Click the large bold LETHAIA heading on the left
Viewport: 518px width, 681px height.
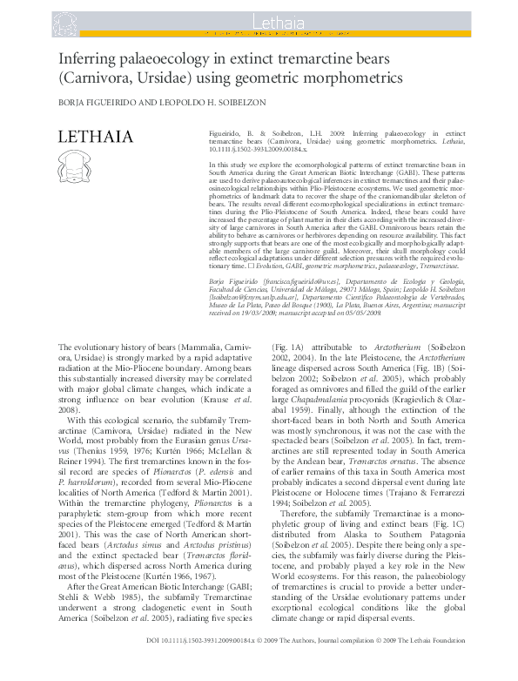(x=95, y=137)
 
